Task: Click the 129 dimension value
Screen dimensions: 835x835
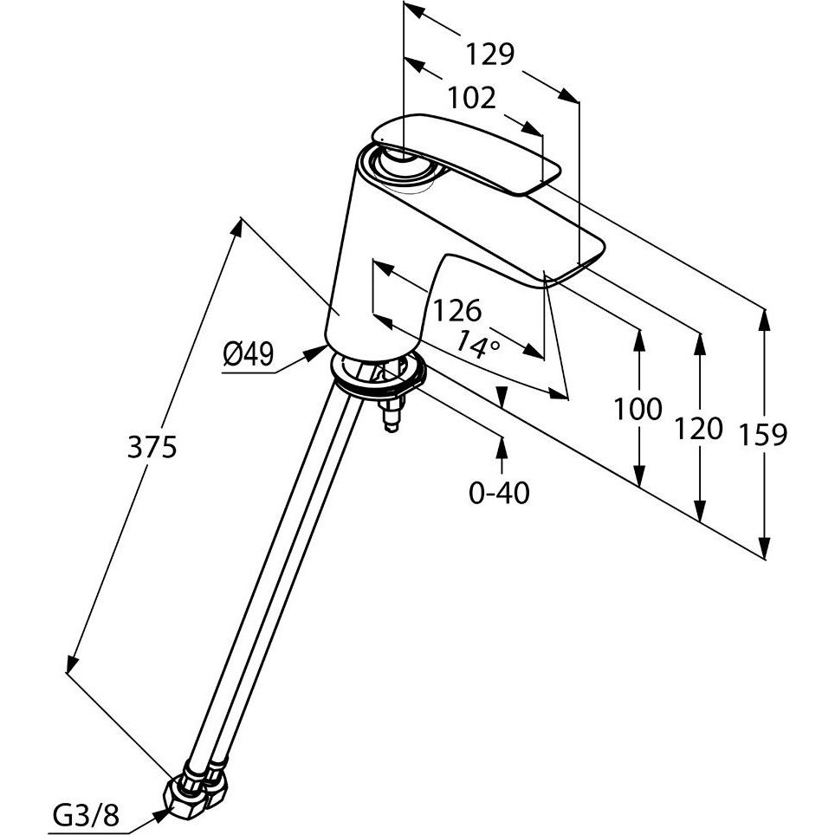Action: [490, 55]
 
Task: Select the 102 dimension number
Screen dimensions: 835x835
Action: [472, 98]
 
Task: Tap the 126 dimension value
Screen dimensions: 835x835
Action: [456, 310]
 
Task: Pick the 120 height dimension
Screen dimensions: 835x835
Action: [698, 428]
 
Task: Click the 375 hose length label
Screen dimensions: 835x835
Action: [152, 447]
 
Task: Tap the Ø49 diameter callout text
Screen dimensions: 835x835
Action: [248, 354]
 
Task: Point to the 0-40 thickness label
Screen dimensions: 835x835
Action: [499, 493]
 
